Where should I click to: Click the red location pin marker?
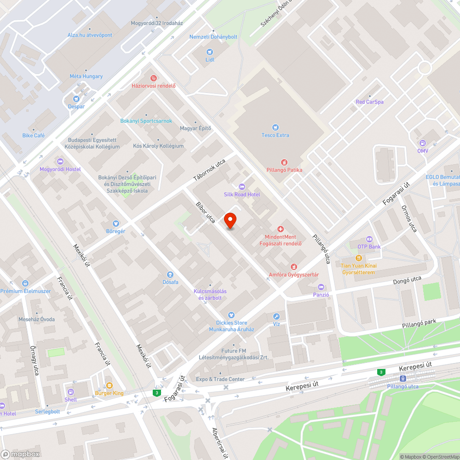pyautogui.click(x=230, y=220)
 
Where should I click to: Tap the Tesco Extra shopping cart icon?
pyautogui.click(x=275, y=127)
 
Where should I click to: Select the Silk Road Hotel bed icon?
pyautogui.click(x=242, y=186)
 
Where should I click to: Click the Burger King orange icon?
pyautogui.click(x=109, y=385)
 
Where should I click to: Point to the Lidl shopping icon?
pyautogui.click(x=210, y=52)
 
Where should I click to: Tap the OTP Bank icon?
pyautogui.click(x=369, y=239)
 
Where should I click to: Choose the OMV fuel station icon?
pyautogui.click(x=422, y=143)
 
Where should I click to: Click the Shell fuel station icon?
pyautogui.click(x=71, y=392)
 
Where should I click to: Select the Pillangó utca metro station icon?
pyautogui.click(x=402, y=378)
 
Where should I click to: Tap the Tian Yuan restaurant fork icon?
pyautogui.click(x=358, y=259)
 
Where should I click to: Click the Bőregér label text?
pyautogui.click(x=115, y=231)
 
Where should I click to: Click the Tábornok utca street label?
pyautogui.click(x=209, y=170)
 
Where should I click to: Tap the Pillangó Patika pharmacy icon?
pyautogui.click(x=284, y=162)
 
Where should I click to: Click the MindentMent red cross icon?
pyautogui.click(x=280, y=229)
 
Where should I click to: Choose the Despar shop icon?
pyautogui.click(x=76, y=98)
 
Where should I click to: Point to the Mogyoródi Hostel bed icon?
pyautogui.click(x=60, y=161)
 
